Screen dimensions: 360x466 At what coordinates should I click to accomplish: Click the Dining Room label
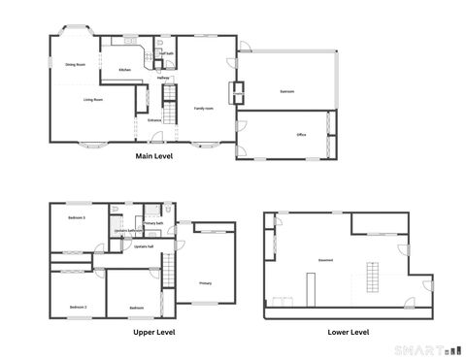(x=76, y=64)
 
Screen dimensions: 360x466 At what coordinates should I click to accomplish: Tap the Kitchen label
(x=124, y=71)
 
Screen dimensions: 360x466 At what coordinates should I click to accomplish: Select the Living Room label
(x=93, y=100)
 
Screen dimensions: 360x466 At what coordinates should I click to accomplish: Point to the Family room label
(x=203, y=108)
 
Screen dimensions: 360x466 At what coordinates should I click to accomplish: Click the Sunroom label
(x=286, y=92)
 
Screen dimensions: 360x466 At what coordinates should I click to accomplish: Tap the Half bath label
(x=167, y=54)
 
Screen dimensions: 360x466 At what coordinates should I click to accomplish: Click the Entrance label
(x=154, y=120)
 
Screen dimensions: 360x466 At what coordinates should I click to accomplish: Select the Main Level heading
(x=153, y=155)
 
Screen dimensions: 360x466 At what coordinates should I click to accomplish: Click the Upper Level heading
(x=153, y=332)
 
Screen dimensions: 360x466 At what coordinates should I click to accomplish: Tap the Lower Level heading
(x=348, y=332)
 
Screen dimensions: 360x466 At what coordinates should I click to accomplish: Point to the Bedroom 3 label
(x=78, y=218)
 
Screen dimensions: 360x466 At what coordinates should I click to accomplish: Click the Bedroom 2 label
(x=78, y=307)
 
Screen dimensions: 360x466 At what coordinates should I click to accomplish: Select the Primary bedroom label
(x=206, y=283)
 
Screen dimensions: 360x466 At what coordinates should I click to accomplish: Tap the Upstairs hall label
(x=145, y=246)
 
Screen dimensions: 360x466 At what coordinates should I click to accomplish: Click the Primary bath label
(x=153, y=223)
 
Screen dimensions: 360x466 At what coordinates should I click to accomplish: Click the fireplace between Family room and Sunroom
(x=234, y=92)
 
